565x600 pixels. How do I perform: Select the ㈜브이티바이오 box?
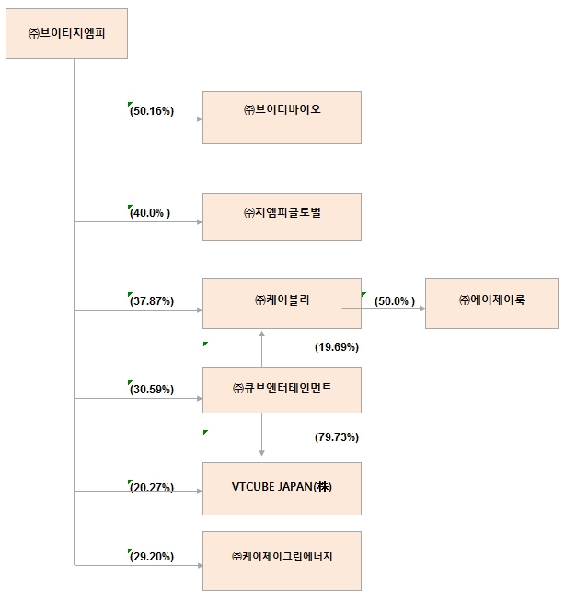tap(282, 117)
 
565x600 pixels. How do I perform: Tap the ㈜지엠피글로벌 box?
tap(282, 216)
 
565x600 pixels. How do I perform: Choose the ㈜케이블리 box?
tap(282, 303)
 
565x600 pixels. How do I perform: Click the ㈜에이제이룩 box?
tap(491, 303)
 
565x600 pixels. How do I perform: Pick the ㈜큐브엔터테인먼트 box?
tap(282, 390)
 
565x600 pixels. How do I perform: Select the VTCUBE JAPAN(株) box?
tap(282, 488)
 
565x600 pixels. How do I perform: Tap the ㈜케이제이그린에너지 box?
tap(282, 560)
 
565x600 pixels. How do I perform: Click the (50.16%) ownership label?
tap(152, 111)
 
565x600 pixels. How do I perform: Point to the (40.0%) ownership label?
tap(151, 213)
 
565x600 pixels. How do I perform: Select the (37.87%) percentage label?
tap(152, 301)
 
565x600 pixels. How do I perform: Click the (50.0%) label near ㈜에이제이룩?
tap(395, 301)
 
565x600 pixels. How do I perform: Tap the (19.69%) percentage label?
tap(336, 347)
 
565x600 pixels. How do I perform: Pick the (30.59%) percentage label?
tap(152, 390)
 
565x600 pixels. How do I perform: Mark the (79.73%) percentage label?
tap(336, 437)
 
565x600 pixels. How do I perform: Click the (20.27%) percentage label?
tap(152, 488)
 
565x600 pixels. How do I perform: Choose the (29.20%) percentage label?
tap(152, 557)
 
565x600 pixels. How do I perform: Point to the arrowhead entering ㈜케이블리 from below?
tap(262, 333)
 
